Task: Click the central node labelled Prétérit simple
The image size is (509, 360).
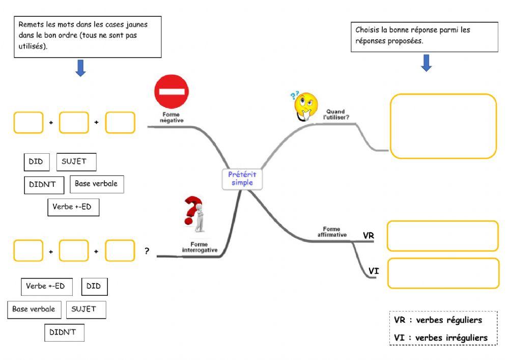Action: (242, 179)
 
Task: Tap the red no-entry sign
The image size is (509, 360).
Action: (171, 92)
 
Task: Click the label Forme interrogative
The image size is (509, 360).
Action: (200, 247)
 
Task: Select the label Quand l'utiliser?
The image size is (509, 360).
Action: (335, 115)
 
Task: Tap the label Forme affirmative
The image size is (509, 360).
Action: (332, 232)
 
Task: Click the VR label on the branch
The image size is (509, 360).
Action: (369, 235)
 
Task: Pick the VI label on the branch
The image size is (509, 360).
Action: (373, 271)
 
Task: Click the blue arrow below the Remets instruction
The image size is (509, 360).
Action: (80, 68)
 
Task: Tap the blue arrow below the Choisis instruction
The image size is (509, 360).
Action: (426, 63)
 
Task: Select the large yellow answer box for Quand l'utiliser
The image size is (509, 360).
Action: (443, 126)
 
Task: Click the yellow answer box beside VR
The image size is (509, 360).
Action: (442, 236)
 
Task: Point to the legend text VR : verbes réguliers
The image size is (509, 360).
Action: (438, 320)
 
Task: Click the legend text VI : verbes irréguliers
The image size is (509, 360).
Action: (441, 338)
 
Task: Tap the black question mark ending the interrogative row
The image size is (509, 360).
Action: (147, 251)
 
